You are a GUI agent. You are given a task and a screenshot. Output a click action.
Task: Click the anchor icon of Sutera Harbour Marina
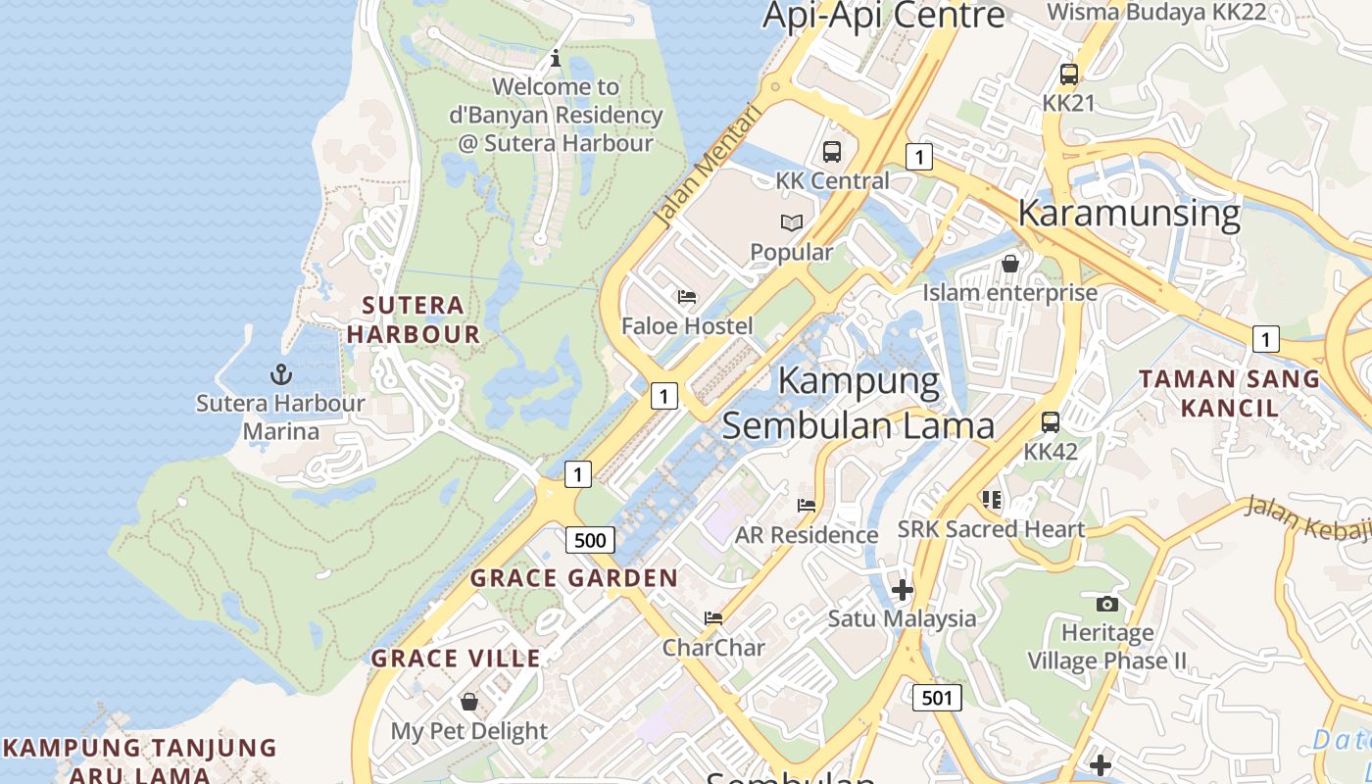(x=281, y=373)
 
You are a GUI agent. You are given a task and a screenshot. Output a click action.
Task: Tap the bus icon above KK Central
(x=832, y=151)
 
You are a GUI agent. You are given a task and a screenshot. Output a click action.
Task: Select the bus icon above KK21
(x=1068, y=73)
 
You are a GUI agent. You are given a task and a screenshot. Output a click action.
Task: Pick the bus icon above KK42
(x=1050, y=422)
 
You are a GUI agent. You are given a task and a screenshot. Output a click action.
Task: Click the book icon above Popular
(x=792, y=222)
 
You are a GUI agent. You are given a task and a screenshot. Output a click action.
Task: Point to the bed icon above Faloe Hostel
(x=687, y=296)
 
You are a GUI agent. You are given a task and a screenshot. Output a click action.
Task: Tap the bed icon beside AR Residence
(x=807, y=505)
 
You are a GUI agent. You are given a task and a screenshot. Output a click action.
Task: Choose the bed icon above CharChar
(x=713, y=617)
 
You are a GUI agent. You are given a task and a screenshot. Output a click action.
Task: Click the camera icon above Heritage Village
(x=1107, y=603)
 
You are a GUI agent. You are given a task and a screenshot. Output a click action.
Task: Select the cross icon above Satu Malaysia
(x=902, y=589)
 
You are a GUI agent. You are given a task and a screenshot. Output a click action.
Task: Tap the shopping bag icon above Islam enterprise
(x=1009, y=263)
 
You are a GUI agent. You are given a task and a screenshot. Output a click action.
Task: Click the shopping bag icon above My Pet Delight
(x=469, y=702)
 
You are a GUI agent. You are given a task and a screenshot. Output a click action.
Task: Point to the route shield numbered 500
(x=590, y=540)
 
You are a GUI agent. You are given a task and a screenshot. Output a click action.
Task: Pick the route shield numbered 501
(x=937, y=698)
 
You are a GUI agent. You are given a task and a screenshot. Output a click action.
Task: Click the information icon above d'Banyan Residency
(x=556, y=58)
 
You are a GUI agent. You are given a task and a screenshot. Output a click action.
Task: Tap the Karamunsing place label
(x=1129, y=213)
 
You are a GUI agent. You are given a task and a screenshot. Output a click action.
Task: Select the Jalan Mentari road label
(x=709, y=167)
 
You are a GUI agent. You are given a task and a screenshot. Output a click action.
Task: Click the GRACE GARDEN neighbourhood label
(x=574, y=578)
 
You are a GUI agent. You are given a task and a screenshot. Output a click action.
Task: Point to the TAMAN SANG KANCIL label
(x=1229, y=392)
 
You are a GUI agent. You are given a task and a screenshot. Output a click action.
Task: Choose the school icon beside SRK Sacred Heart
(x=992, y=500)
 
